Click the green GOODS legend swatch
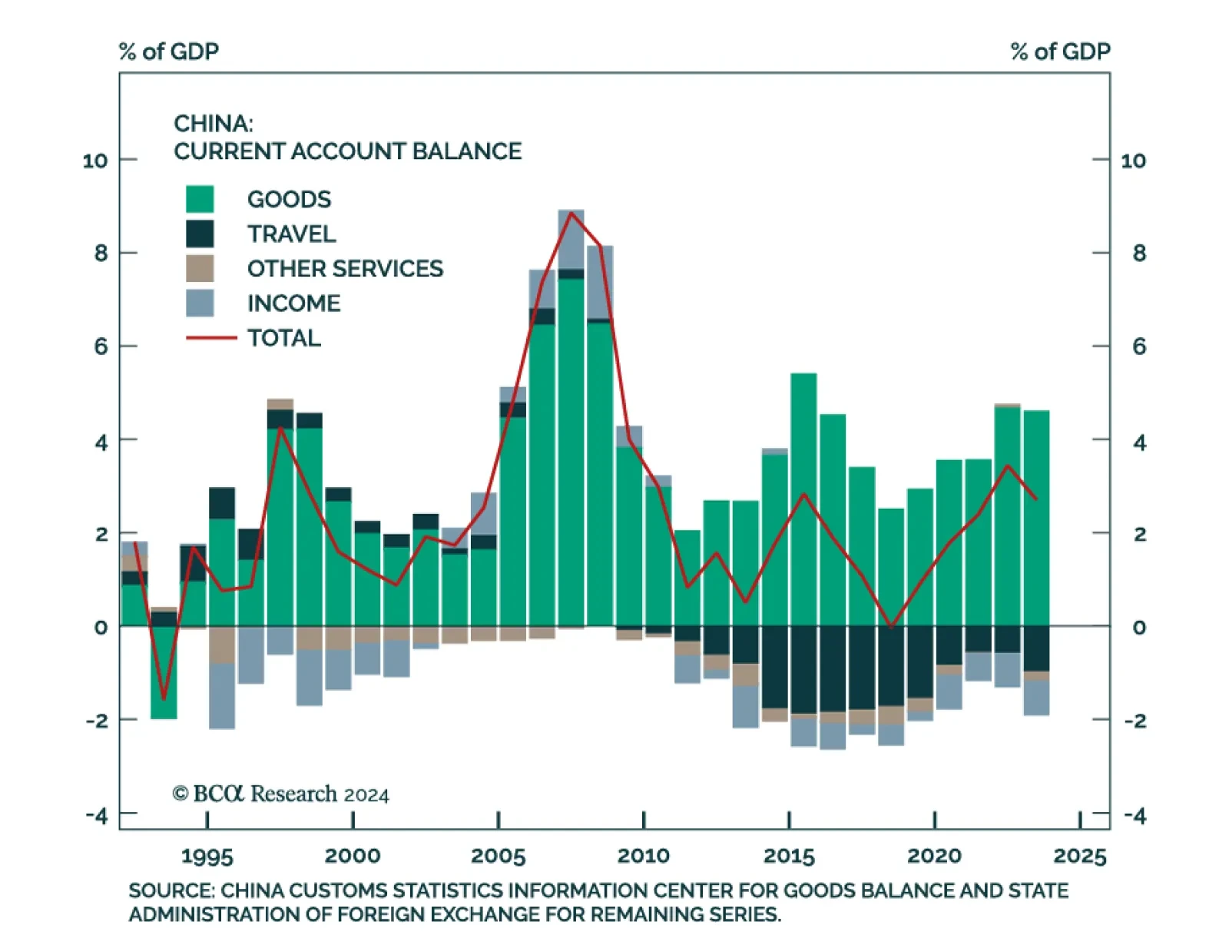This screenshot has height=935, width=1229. tap(200, 199)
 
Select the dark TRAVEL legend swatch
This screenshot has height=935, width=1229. tap(200, 234)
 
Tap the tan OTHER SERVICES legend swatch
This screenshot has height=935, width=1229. tap(200, 268)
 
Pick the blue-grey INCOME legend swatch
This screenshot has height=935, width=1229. tap(200, 303)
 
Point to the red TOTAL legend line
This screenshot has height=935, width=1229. tap(211, 337)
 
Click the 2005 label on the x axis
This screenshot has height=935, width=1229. tap(498, 856)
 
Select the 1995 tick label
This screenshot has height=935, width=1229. tap(207, 856)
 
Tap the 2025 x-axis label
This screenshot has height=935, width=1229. tap(1080, 856)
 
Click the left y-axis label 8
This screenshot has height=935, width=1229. tap(101, 254)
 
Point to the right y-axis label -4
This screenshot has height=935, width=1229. tap(1135, 815)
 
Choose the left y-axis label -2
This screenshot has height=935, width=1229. tap(97, 721)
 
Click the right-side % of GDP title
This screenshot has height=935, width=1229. tap(1060, 51)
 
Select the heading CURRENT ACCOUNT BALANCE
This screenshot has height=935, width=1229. tap(347, 151)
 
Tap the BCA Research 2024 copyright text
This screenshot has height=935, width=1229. tap(281, 794)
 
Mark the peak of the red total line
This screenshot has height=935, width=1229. tap(571, 213)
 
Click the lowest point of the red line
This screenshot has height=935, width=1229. tap(164, 698)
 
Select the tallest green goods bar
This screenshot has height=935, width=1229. tap(571, 453)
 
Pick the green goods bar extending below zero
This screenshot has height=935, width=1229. tap(164, 672)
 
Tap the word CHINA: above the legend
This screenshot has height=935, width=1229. tap(213, 124)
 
